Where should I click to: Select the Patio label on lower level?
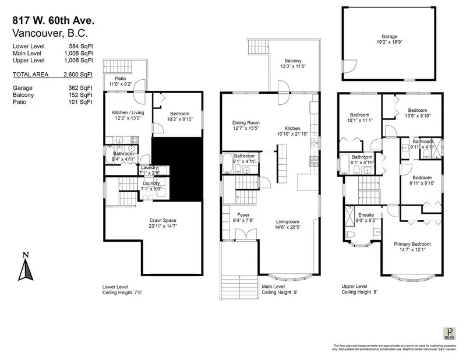tap(119, 81)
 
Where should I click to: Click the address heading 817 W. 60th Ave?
tap(52, 20)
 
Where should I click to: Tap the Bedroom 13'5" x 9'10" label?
tap(416, 113)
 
